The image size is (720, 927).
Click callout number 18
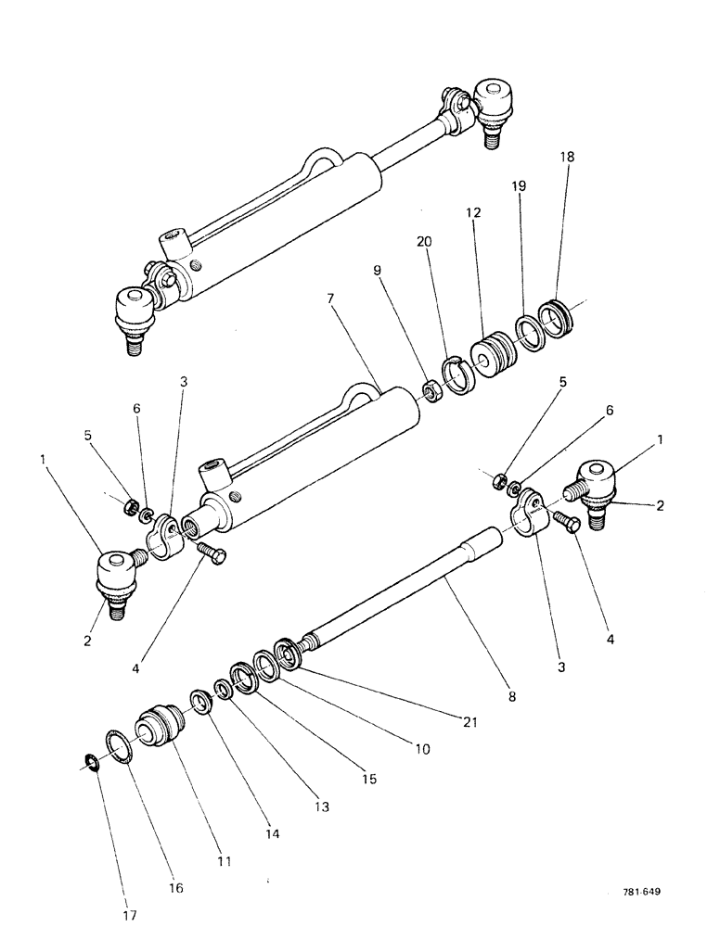coord(567,158)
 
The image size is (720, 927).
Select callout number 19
coord(520,186)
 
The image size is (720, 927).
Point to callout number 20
coord(426,241)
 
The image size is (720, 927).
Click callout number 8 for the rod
coord(510,692)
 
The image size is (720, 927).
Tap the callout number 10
coord(422,749)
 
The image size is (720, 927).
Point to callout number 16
coord(175,888)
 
